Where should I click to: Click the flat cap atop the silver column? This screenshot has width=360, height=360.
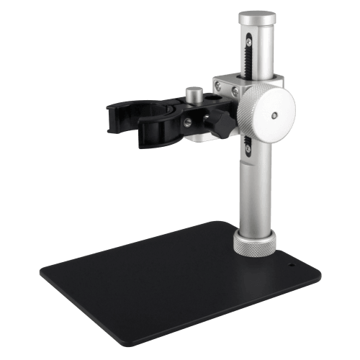(258, 15)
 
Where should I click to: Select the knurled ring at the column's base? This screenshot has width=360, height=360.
(254, 243)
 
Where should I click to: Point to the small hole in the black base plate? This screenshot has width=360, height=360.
(292, 264)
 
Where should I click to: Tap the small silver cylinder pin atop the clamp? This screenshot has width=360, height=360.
(193, 94)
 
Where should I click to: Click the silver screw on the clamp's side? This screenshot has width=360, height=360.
(189, 123)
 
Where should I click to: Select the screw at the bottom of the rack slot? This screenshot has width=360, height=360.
(248, 149)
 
